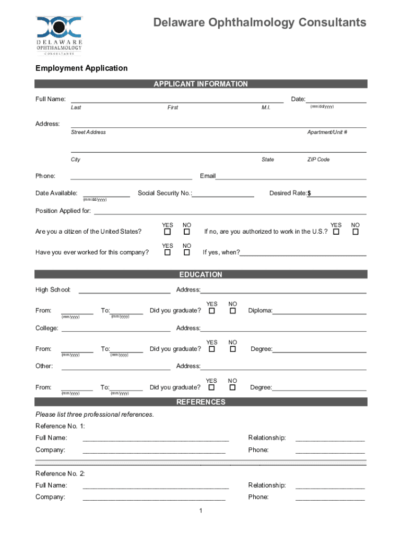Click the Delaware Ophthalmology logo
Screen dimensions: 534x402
coord(59,35)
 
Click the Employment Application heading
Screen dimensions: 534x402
coord(81,68)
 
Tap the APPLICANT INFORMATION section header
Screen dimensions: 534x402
coord(200,84)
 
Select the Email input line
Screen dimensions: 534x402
coord(291,176)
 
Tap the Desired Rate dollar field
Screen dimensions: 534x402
coord(338,193)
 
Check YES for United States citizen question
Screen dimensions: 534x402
coord(168,232)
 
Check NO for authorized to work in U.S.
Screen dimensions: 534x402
coord(356,232)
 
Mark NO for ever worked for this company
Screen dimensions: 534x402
coord(186,252)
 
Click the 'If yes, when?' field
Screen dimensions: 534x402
coord(303,253)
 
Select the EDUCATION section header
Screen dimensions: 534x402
coord(200,275)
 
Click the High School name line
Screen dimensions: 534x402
coord(124,290)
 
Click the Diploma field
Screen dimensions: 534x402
coord(319,311)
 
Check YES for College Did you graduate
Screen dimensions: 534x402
coord(212,349)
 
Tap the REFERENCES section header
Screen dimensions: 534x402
coord(200,402)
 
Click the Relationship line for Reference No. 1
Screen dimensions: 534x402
coord(330,438)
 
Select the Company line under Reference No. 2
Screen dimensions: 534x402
coord(154,497)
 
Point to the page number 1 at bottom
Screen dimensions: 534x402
coord(200,510)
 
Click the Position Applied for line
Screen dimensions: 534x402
coord(230,211)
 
